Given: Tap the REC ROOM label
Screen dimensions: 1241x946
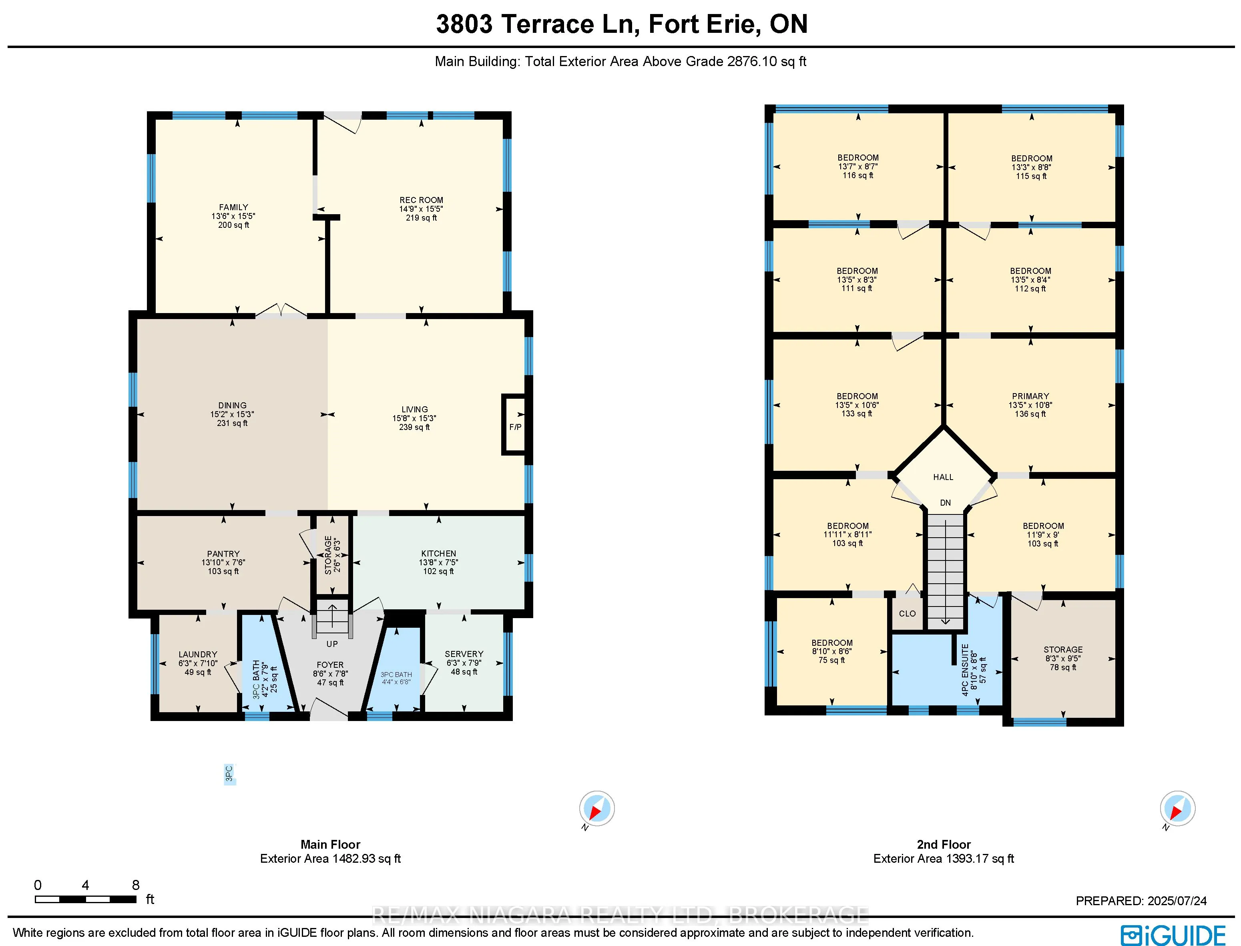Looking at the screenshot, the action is [421, 200].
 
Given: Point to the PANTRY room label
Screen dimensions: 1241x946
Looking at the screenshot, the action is [223, 554].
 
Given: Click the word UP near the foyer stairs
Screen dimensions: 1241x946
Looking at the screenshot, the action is [332, 644].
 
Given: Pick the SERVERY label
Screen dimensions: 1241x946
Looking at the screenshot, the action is [464, 654].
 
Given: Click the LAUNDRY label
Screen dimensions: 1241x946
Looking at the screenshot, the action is [198, 654].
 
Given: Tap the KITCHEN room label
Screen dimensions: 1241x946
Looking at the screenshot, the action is [439, 554].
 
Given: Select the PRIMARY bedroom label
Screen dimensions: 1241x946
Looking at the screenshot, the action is [1030, 396].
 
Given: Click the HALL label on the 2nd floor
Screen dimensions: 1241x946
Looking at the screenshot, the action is [943, 477].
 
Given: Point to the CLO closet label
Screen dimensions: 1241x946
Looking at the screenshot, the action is [907, 613].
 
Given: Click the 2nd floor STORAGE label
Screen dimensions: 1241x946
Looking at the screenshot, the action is [1063, 649].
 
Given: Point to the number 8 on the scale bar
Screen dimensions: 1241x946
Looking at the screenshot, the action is [136, 885].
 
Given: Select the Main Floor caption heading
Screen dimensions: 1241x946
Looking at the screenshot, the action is [331, 844].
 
